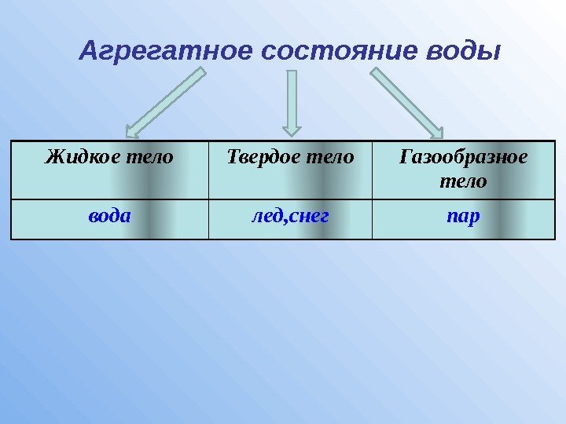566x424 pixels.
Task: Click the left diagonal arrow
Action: [x=166, y=103]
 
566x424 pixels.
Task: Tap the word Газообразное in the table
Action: [x=463, y=157]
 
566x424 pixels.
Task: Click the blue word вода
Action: [x=109, y=214]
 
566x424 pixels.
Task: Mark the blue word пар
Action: [x=463, y=214]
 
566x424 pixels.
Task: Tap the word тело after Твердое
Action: [x=328, y=157]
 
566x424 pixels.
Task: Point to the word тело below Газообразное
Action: [x=463, y=181]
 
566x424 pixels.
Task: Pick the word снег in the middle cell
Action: [x=308, y=214]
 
